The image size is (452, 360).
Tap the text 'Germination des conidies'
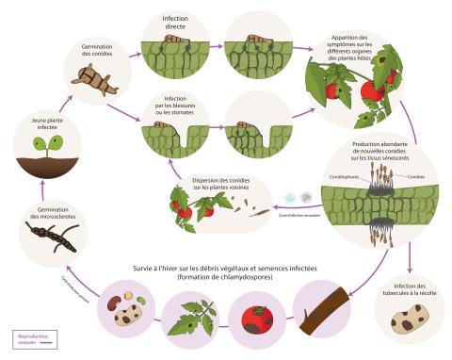(91, 50)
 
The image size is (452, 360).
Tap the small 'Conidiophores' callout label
(336, 176)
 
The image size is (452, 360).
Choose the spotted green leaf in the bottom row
(193, 319)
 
